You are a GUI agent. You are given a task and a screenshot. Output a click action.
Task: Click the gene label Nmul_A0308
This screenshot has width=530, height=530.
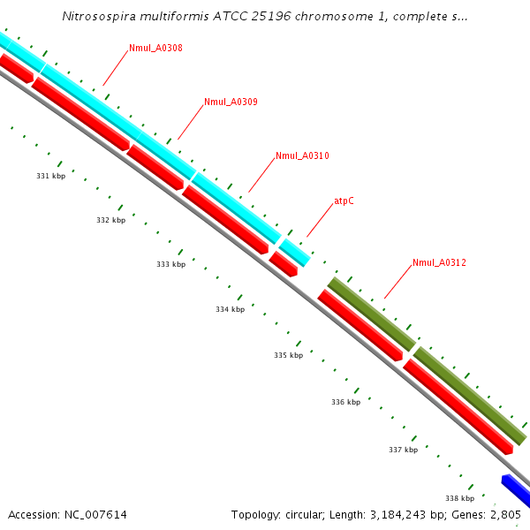[155, 48]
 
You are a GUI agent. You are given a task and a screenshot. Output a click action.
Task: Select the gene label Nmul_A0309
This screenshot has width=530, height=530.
[231, 102]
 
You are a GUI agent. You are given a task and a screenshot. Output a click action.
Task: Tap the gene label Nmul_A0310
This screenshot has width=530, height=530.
[302, 155]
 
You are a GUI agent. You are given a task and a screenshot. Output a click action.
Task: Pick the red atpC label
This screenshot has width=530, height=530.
[344, 201]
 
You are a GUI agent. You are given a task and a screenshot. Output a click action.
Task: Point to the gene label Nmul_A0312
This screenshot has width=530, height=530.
[439, 262]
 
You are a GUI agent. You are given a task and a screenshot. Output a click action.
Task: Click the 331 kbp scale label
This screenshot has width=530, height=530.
[50, 176]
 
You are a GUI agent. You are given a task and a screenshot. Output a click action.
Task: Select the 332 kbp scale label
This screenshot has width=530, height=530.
[110, 220]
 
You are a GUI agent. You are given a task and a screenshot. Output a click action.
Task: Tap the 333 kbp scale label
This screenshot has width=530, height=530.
[170, 264]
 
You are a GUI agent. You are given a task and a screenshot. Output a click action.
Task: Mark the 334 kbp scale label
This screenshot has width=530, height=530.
[230, 309]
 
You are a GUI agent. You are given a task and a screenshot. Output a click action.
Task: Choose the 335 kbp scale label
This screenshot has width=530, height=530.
[288, 355]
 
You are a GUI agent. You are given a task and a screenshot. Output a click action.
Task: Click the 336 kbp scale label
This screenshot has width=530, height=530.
[345, 402]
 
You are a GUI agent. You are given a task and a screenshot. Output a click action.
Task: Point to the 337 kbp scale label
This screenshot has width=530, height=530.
[403, 450]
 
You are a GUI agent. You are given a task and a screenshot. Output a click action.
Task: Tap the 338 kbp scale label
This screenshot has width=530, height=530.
[459, 498]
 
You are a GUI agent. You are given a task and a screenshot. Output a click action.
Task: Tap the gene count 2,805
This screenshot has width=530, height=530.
[508, 514]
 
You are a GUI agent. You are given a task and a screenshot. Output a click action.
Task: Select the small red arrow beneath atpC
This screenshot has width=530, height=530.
[284, 263]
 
